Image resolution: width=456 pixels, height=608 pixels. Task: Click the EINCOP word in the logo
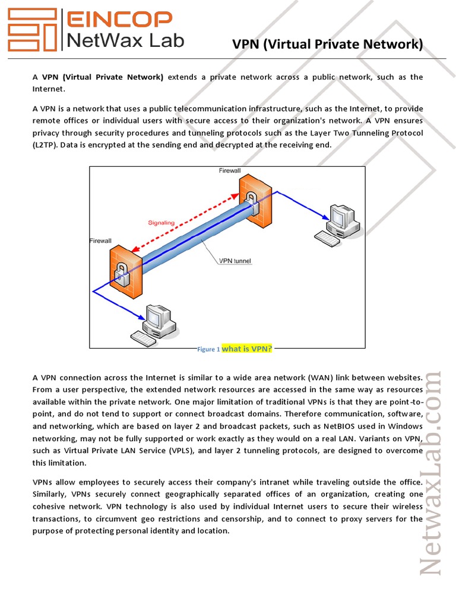coord(118,20)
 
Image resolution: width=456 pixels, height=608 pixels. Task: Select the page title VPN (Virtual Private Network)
coord(328,44)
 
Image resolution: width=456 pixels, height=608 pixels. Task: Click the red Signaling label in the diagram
coord(161,223)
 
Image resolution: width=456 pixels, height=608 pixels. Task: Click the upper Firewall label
coord(230,171)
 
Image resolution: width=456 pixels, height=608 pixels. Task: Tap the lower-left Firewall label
coord(100,241)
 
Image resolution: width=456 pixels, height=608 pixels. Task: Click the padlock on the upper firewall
coord(251,199)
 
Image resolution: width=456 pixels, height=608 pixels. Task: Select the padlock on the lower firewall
coord(122,275)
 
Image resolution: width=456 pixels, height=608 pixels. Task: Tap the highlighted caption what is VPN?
coord(246,349)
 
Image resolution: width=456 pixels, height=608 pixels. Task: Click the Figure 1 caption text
coord(208,349)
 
